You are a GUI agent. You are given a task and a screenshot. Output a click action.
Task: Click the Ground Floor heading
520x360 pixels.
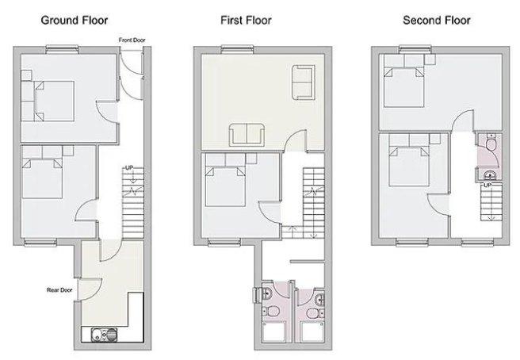point(75,21)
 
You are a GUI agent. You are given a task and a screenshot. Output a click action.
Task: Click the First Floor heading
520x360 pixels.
point(246,21)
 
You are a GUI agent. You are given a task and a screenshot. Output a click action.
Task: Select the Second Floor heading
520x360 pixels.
point(437,21)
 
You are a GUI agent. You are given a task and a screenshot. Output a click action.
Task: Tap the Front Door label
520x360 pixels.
point(132,40)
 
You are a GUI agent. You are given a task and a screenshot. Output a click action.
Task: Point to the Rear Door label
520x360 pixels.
point(59,290)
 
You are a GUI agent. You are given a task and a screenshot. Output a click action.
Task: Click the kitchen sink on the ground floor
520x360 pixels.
point(104,334)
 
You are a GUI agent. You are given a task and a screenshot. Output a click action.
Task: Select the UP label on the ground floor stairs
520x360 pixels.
point(129,168)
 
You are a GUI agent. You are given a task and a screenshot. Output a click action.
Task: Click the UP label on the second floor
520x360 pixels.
point(487,185)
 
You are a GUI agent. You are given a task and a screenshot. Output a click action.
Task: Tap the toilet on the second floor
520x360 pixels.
point(491,142)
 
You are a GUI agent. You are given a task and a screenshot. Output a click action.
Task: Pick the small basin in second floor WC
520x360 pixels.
point(490,174)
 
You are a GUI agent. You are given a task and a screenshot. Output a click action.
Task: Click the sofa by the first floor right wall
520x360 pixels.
point(304,82)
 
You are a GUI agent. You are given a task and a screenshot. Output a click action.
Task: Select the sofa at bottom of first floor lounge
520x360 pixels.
point(247,135)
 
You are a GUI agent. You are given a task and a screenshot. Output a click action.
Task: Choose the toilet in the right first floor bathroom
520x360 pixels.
point(315,313)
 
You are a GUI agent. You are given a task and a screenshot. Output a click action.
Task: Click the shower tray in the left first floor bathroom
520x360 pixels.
point(274,331)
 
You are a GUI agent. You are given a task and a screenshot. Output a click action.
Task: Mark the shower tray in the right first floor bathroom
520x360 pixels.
point(312,331)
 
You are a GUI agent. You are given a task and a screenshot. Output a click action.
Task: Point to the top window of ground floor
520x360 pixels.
point(62,49)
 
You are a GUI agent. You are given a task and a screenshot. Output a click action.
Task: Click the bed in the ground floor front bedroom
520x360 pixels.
point(48,101)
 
